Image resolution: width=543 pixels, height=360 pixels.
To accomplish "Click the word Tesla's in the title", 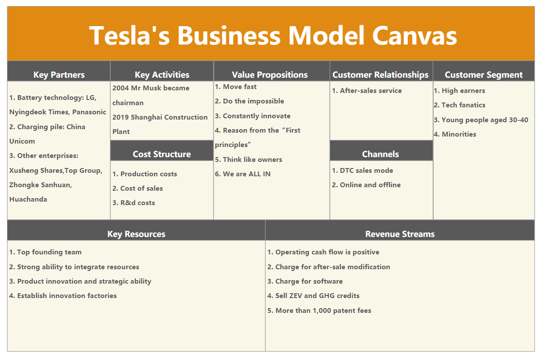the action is [x=130, y=35].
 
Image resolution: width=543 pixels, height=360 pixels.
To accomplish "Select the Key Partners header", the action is [x=59, y=75].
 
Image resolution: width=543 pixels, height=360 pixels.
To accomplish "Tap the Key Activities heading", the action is [x=162, y=75].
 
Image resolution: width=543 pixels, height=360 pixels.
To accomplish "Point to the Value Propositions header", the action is [x=270, y=75].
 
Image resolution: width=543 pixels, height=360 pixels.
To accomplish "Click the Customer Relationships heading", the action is [x=380, y=75].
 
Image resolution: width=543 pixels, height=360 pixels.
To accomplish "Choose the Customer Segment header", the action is [x=484, y=75].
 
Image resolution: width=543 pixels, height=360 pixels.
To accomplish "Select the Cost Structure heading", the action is [x=162, y=154].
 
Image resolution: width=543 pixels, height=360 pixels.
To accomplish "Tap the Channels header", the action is [x=380, y=154].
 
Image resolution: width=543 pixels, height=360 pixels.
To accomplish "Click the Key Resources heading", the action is [x=136, y=234].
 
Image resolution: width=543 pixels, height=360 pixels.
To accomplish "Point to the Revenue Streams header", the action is [x=400, y=234].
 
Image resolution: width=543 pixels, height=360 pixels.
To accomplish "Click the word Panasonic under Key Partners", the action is [x=89, y=112].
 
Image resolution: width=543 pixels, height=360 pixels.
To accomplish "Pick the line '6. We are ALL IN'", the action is [x=242, y=174].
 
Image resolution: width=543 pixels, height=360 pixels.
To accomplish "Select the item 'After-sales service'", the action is [x=371, y=91].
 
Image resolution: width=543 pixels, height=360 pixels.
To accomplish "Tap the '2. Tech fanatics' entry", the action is [x=460, y=105].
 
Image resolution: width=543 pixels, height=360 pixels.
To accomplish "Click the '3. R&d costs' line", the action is [x=133, y=203].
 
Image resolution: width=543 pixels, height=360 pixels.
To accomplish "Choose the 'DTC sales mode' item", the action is [x=366, y=171].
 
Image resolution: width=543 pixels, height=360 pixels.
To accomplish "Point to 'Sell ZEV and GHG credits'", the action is [x=318, y=296].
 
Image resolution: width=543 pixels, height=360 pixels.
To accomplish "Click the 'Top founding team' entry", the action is [x=49, y=252].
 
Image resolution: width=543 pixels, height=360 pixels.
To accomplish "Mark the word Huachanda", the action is [x=28, y=199].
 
